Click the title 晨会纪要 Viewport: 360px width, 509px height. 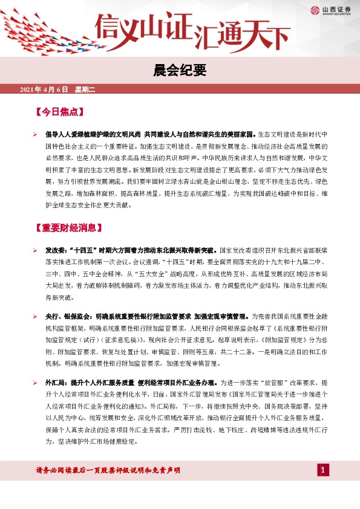click(x=180, y=71)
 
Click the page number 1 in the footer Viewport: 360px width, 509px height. click(x=324, y=470)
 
